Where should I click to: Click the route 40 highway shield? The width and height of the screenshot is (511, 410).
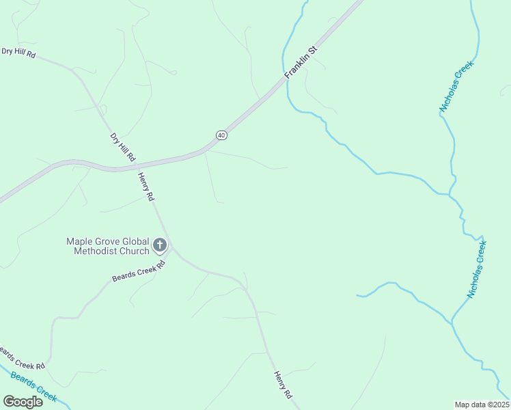[221, 135]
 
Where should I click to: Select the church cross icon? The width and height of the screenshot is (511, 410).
[160, 245]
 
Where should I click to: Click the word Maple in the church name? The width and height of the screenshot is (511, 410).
[79, 241]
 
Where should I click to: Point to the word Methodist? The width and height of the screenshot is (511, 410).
[96, 251]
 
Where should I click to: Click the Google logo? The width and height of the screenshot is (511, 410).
[23, 401]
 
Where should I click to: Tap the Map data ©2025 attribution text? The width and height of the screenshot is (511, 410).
[482, 405]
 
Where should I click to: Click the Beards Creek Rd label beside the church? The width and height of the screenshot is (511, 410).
[139, 271]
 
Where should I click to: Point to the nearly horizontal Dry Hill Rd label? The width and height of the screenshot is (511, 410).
[18, 52]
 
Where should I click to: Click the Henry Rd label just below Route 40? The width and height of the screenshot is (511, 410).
[146, 186]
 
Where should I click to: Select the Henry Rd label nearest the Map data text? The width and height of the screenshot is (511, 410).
[283, 385]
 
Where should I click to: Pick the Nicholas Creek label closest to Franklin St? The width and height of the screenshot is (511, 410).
[456, 87]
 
